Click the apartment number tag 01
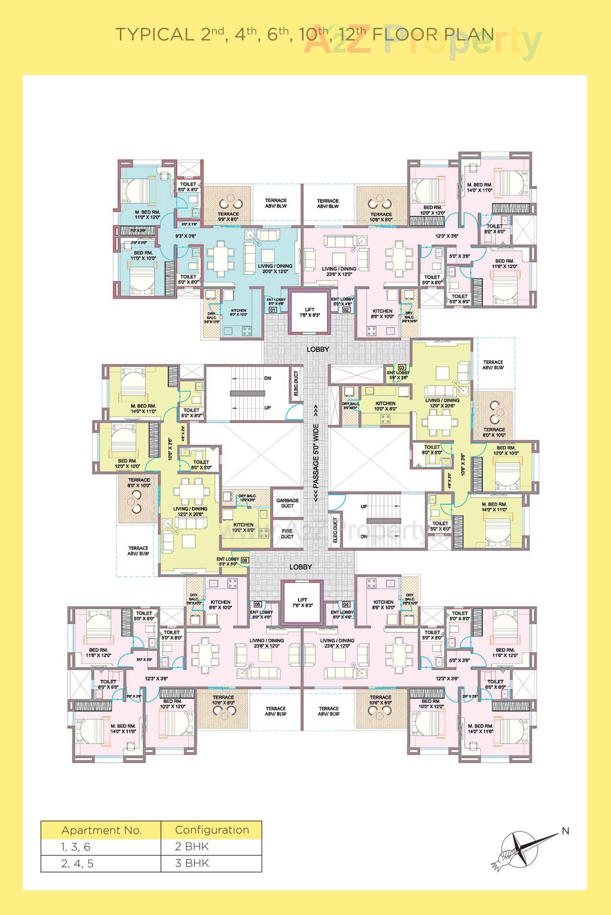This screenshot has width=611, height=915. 273,309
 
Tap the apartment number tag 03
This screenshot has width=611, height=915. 402,368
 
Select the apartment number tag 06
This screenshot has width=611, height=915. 244,560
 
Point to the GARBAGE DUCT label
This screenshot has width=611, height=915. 287,503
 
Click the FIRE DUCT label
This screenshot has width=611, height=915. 287,533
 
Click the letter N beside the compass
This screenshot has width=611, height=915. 565,831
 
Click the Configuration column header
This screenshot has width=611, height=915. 211,830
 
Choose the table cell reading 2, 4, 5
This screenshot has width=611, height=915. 77,863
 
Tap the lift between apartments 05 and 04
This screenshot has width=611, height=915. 302,602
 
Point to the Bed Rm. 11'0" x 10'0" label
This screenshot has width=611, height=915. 143,255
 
